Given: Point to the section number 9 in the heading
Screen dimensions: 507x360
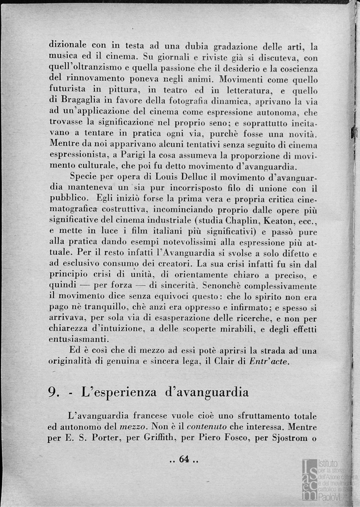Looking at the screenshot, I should [x=53, y=392].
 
